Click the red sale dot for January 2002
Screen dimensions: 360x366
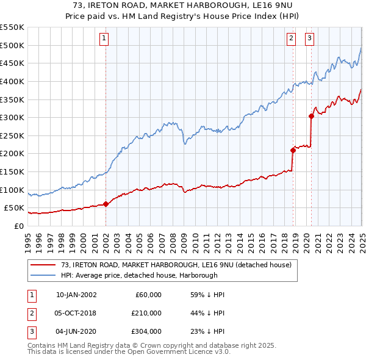coord(106,204)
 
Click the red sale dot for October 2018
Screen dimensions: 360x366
coord(293,150)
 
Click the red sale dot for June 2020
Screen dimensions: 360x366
coord(311,116)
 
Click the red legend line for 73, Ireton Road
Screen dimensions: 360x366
coord(43,265)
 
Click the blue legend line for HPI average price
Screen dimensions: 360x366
coord(43,275)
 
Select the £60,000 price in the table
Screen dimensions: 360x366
coord(148,295)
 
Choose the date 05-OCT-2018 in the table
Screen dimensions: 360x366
coord(76,313)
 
